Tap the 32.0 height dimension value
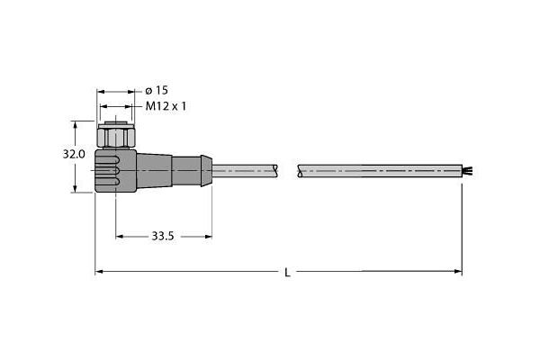click(74, 155)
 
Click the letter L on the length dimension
click(287, 273)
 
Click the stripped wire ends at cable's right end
click(468, 168)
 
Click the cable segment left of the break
click(247, 168)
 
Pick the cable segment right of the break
click(378, 168)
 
